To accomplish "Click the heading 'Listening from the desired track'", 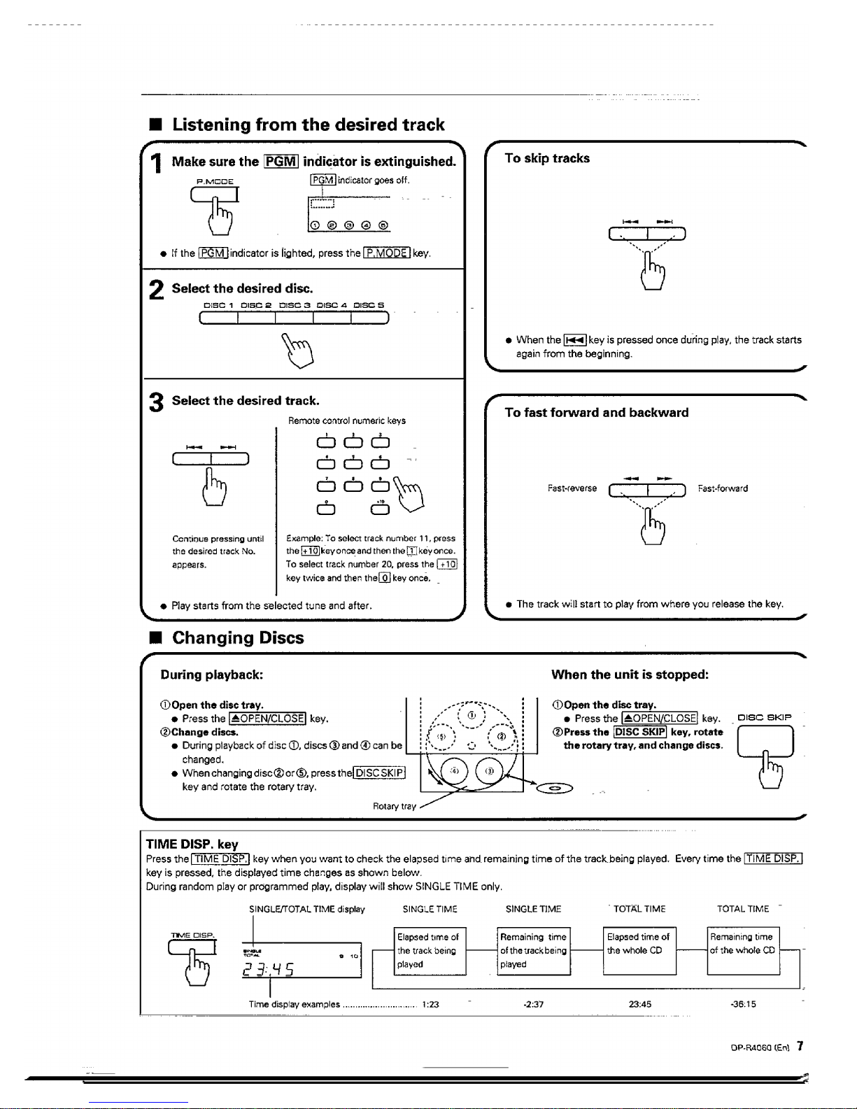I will (x=308, y=125).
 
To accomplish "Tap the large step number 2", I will (x=157, y=290).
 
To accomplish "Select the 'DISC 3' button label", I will (x=295, y=305).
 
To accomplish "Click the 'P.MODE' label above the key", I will (x=215, y=181).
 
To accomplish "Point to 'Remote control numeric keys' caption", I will (x=346, y=421).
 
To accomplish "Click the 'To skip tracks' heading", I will (x=547, y=159).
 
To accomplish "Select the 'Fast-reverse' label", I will (x=572, y=488).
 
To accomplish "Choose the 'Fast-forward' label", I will (x=723, y=488).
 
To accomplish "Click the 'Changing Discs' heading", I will (x=238, y=638).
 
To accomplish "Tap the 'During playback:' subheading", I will (x=211, y=675).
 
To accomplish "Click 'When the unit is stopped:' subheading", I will (x=630, y=675).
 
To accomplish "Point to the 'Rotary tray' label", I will (x=394, y=806).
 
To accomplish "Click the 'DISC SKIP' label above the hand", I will (x=765, y=718).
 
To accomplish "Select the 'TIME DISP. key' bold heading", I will (x=192, y=845).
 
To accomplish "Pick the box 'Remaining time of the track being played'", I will (x=534, y=950).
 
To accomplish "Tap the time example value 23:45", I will (x=640, y=1004).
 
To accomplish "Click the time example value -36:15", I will (x=742, y=1004).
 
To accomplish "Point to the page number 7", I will (x=800, y=1047).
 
